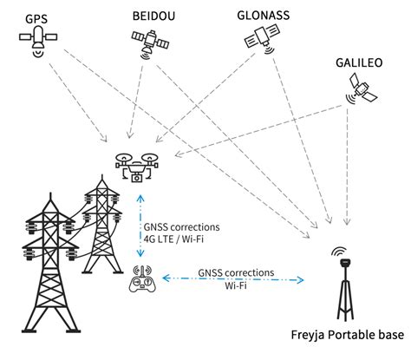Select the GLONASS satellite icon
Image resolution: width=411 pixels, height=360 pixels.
(262, 36)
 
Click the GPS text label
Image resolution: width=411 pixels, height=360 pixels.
(36, 16)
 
